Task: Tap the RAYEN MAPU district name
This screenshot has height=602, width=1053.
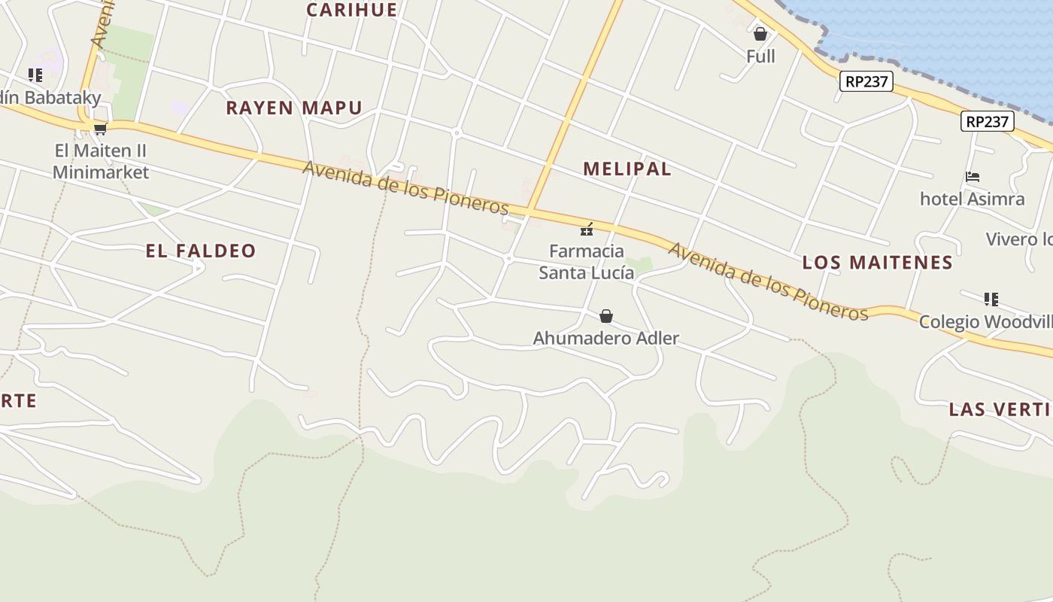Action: click(x=294, y=108)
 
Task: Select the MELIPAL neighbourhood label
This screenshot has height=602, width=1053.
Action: click(x=627, y=169)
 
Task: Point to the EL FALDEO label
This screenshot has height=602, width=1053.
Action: click(x=201, y=251)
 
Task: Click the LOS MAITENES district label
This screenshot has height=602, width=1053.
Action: click(x=877, y=262)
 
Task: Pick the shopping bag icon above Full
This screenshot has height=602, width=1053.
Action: click(x=760, y=34)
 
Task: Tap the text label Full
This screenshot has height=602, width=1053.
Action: click(x=760, y=56)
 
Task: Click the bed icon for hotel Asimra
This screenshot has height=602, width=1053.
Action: click(x=973, y=178)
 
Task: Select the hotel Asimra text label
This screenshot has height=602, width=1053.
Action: click(x=972, y=199)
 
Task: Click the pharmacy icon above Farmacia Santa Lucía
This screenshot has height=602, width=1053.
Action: click(x=587, y=230)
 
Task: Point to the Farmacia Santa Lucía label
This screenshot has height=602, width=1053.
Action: click(x=587, y=261)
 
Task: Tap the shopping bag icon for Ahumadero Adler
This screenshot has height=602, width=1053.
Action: click(x=606, y=316)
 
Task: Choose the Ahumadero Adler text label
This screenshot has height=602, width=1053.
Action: click(x=606, y=339)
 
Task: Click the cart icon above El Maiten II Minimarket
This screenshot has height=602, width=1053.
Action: click(x=100, y=129)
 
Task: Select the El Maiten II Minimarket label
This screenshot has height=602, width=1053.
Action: click(x=101, y=161)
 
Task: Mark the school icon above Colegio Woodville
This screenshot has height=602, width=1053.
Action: click(x=991, y=299)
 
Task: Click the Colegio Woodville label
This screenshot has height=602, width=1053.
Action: click(x=985, y=322)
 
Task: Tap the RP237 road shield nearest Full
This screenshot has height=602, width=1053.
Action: click(x=866, y=81)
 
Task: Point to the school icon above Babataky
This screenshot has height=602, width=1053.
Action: click(x=35, y=75)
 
